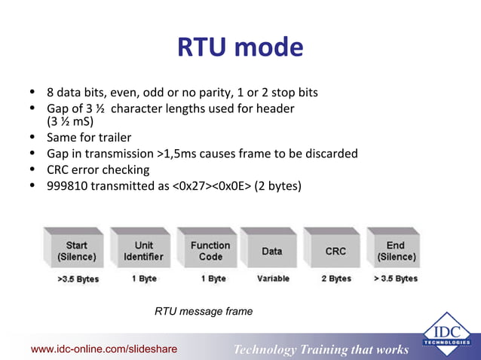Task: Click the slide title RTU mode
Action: (240, 48)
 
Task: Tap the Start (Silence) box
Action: (76, 251)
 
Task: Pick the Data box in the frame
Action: (271, 251)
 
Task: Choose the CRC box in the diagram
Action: (335, 251)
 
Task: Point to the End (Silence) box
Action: (395, 251)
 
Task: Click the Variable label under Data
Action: (273, 279)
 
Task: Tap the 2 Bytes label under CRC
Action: (335, 279)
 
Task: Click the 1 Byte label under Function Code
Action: (210, 279)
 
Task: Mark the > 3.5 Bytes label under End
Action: (395, 279)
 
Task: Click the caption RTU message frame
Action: (204, 311)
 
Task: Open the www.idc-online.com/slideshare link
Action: (103, 349)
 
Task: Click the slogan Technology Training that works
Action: (321, 349)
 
